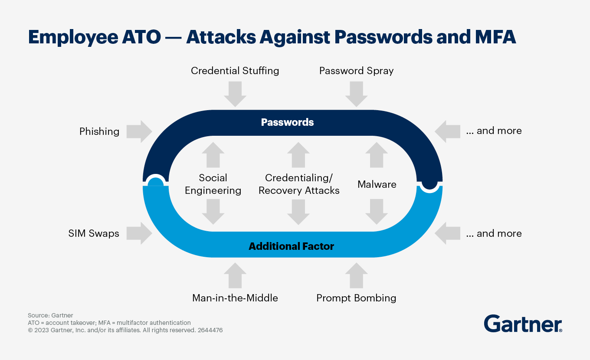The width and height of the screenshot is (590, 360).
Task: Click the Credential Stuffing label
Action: pyautogui.click(x=235, y=71)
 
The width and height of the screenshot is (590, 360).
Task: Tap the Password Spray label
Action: pyautogui.click(x=356, y=71)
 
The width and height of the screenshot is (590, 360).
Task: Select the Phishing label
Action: pyautogui.click(x=99, y=131)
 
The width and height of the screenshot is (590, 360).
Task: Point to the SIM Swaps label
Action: pyautogui.click(x=94, y=233)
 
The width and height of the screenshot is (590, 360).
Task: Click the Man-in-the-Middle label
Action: pyautogui.click(x=235, y=298)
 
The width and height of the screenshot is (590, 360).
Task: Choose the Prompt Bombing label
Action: pyautogui.click(x=356, y=298)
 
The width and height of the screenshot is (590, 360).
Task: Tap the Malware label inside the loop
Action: pyautogui.click(x=377, y=184)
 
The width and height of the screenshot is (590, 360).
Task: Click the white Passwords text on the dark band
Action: pyautogui.click(x=287, y=122)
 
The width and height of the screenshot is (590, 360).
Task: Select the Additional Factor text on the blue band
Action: pyautogui.click(x=292, y=246)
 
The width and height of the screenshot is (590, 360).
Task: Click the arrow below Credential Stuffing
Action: pyautogui.click(x=235, y=94)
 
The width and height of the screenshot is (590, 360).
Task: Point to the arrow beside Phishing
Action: pyautogui.click(x=139, y=131)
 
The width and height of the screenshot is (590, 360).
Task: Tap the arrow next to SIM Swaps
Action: pyautogui.click(x=139, y=233)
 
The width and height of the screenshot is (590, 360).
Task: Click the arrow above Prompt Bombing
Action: pyautogui.click(x=356, y=275)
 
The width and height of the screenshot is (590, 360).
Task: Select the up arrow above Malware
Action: pyautogui.click(x=377, y=155)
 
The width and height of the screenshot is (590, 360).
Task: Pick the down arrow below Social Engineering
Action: pyautogui.click(x=213, y=212)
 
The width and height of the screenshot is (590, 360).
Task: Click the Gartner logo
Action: pyautogui.click(x=523, y=324)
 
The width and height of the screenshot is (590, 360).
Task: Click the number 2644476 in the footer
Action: pyautogui.click(x=210, y=330)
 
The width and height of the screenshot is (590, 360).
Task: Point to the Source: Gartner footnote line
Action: pyautogui.click(x=50, y=315)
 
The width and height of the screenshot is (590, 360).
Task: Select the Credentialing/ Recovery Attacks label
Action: pyautogui.click(x=299, y=184)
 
